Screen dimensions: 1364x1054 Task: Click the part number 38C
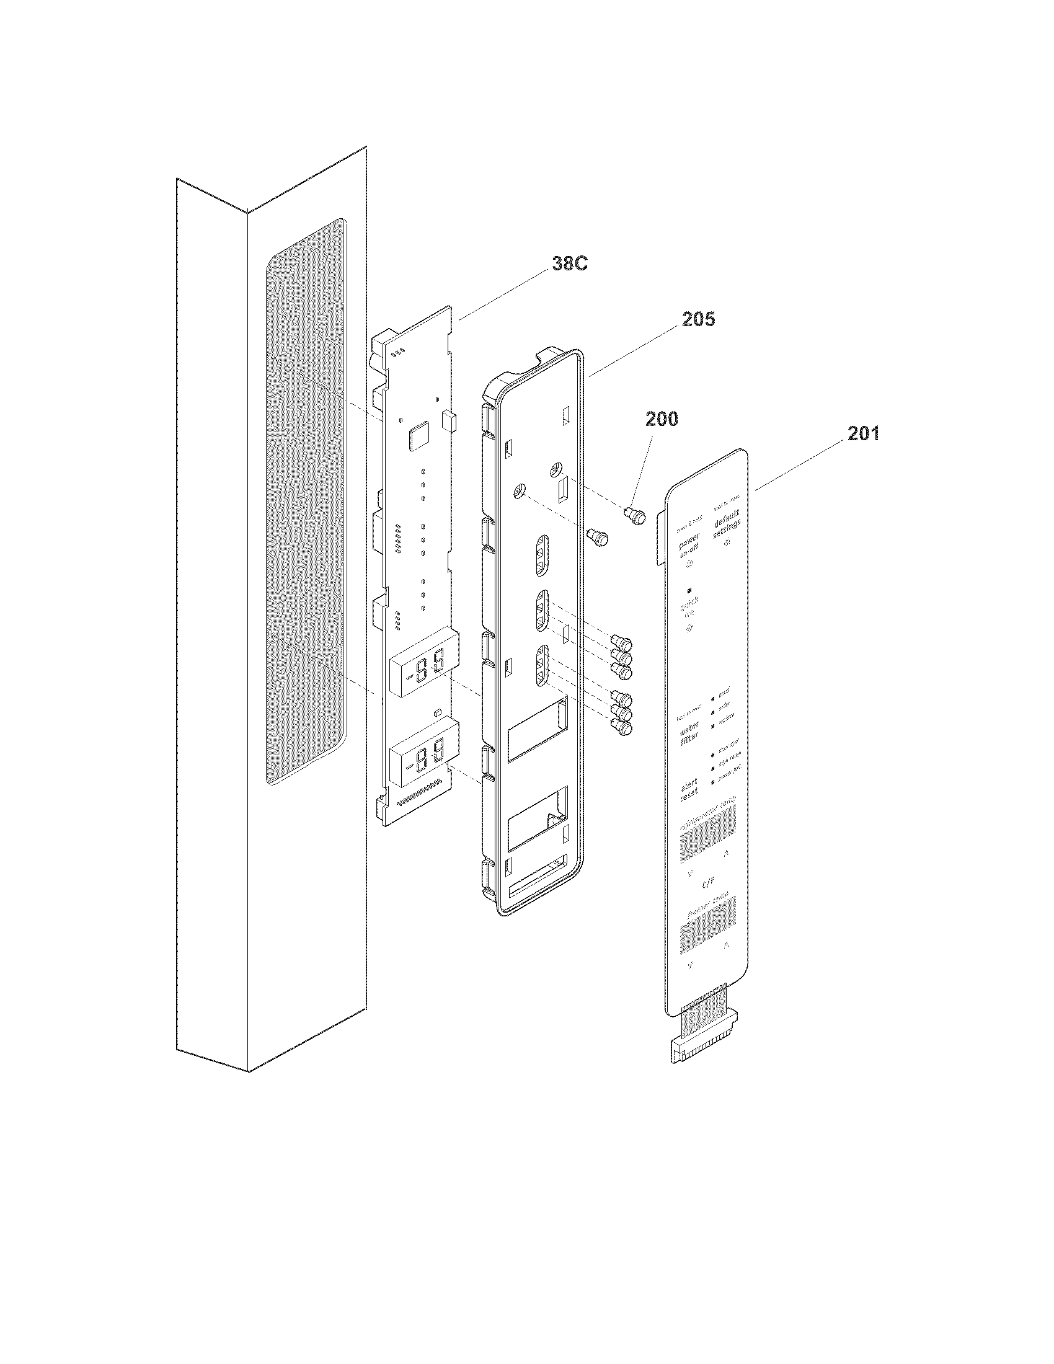[x=569, y=264]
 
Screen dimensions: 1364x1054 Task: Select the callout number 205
[x=697, y=320]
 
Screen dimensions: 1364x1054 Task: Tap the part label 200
[x=662, y=419]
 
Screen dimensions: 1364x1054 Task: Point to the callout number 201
[x=863, y=433]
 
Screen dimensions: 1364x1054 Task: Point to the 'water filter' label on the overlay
[x=689, y=732]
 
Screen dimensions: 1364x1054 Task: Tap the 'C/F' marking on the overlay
[x=708, y=884]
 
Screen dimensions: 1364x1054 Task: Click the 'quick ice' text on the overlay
[x=689, y=606]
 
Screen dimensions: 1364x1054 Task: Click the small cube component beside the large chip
[x=449, y=420]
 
